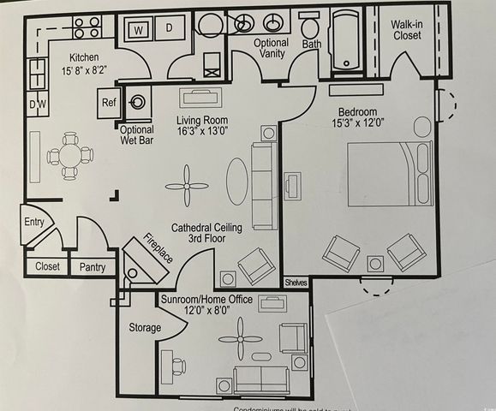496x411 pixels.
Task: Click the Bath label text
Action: tap(312, 43)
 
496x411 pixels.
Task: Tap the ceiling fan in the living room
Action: tap(186, 187)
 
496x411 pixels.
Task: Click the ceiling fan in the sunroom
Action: tap(239, 339)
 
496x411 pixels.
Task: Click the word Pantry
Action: tap(93, 267)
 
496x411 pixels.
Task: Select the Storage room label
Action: tap(145, 327)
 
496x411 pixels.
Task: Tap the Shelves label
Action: tap(296, 283)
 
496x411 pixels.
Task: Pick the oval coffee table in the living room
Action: tap(237, 181)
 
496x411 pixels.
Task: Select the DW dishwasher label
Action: tap(37, 104)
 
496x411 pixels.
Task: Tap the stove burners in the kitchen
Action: tap(87, 27)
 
